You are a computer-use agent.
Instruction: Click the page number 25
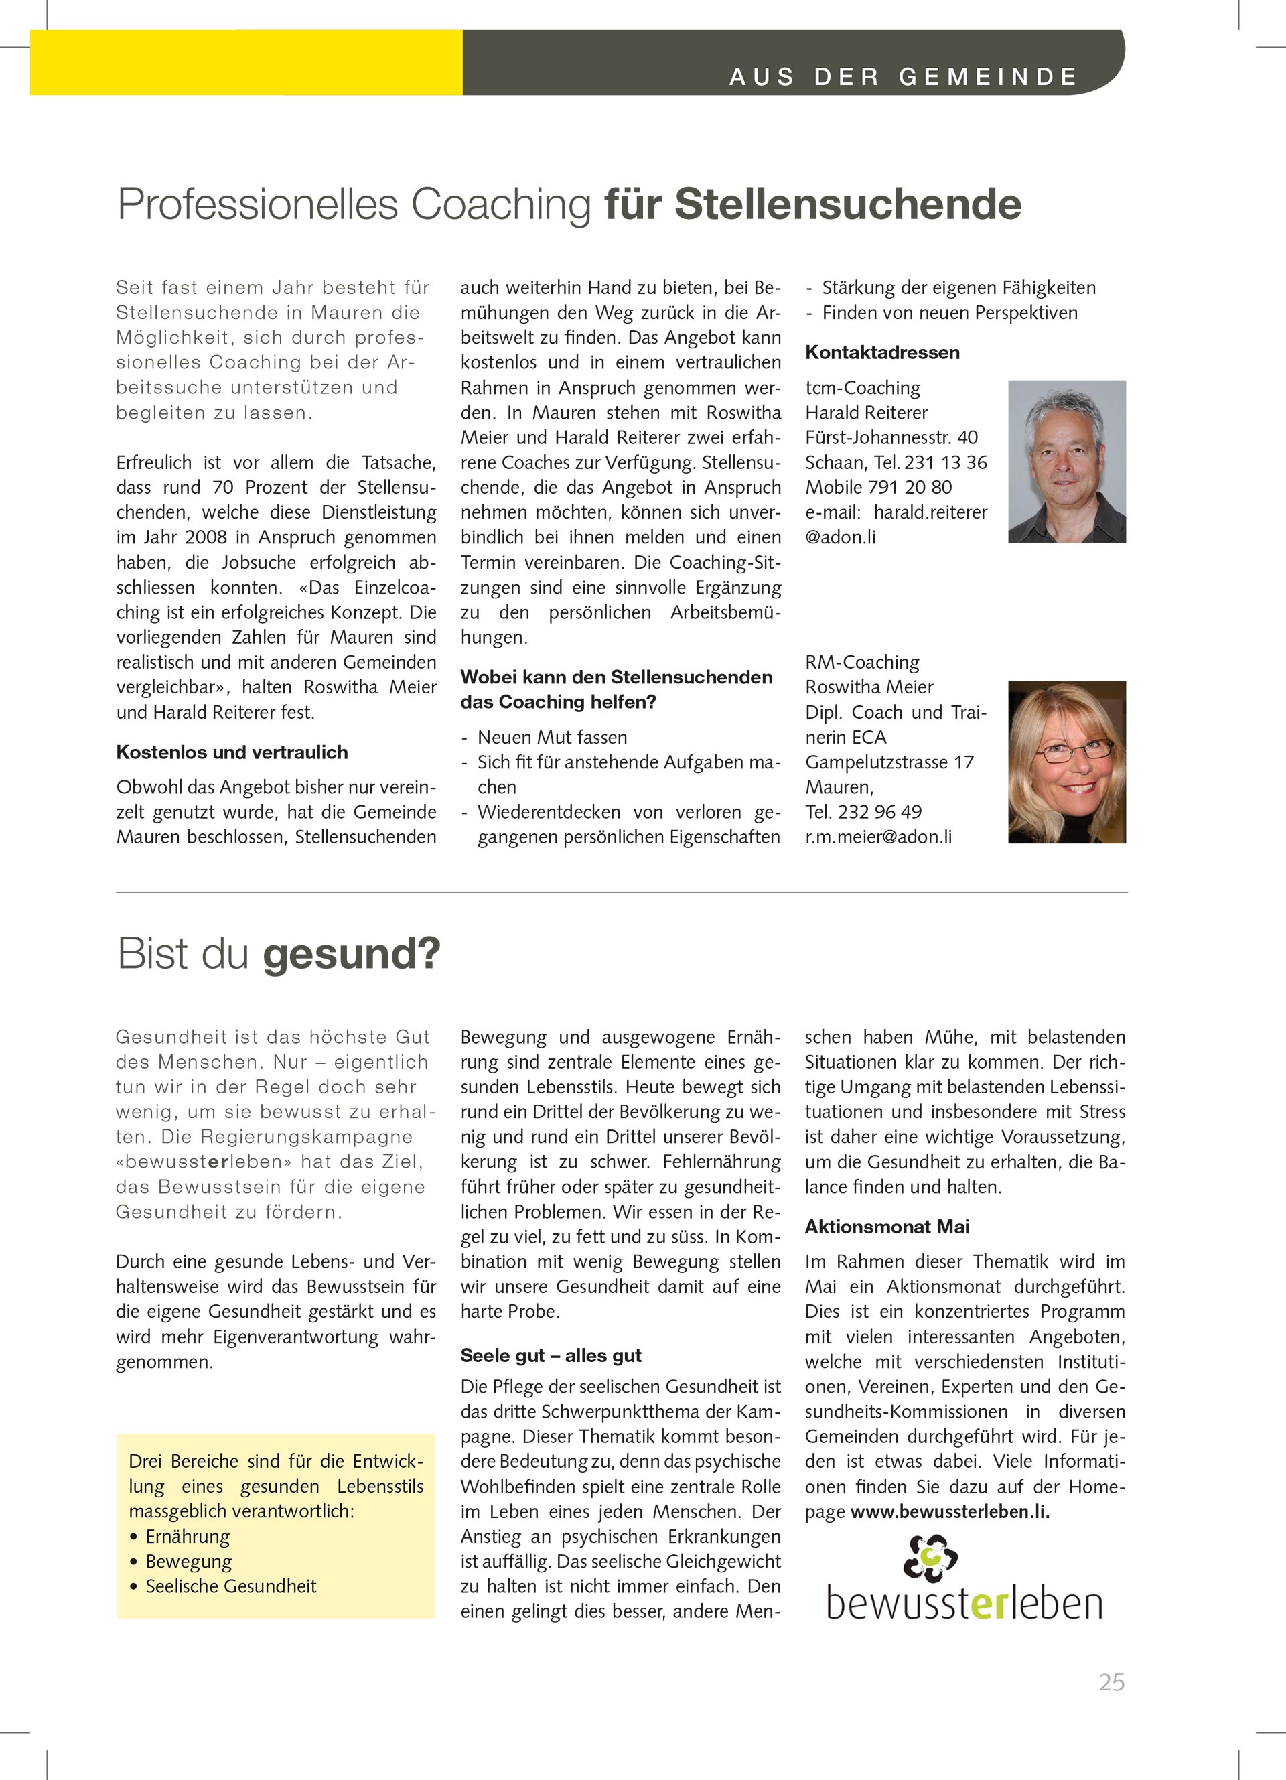coord(1111,1682)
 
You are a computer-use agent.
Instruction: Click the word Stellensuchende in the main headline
coord(847,204)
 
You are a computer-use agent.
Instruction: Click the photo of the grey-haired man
coord(1066,462)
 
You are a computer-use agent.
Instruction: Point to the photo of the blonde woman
coord(1066,762)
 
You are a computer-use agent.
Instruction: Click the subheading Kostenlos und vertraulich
coord(232,752)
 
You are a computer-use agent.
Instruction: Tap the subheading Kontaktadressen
coord(882,352)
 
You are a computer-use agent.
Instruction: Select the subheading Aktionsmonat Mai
coord(887,1227)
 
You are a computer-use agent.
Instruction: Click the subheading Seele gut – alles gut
coord(551,1355)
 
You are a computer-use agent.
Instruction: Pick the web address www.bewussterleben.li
coord(949,1511)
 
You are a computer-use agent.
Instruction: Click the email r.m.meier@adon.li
coord(878,837)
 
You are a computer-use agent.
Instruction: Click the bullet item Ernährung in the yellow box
coord(188,1536)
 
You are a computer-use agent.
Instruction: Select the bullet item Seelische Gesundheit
coord(230,1586)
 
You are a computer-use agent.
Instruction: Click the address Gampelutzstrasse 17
coord(889,762)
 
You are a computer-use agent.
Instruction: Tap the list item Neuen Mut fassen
coord(553,737)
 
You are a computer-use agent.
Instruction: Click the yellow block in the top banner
coord(246,63)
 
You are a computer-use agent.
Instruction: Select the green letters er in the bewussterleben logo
coord(989,1605)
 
